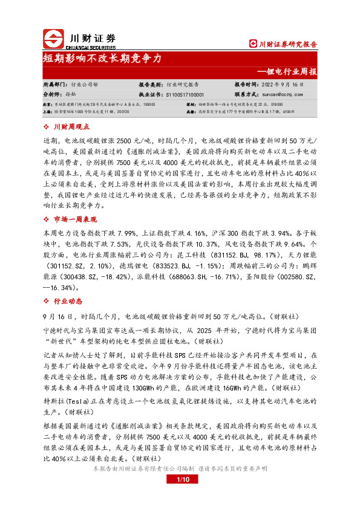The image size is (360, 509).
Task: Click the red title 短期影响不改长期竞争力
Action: [101, 59]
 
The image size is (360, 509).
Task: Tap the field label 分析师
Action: [53, 95]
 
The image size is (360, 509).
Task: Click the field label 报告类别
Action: [151, 85]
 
